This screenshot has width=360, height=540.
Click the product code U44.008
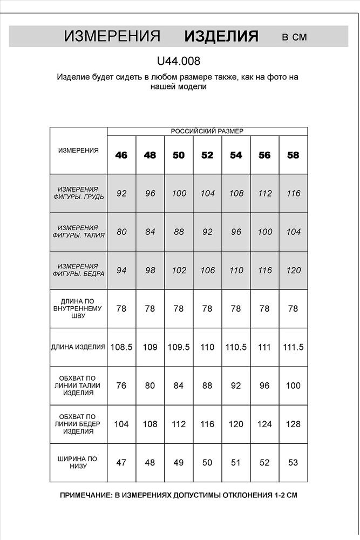coord(178,62)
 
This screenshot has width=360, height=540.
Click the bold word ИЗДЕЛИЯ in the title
coord(221,37)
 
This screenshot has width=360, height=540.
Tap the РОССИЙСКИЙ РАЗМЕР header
coord(207,131)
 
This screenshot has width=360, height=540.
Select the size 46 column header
coord(121,156)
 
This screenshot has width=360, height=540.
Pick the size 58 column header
coord(293,156)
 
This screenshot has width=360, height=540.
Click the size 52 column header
coord(207,156)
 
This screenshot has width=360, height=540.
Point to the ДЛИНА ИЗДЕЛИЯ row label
coord(79,347)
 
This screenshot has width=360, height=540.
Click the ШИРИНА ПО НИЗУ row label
coord(79,463)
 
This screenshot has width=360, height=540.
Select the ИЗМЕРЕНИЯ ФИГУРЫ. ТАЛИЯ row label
coord(79,232)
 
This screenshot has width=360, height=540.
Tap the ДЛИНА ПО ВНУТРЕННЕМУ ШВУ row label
coord(79,308)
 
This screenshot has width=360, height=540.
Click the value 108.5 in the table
coord(121,347)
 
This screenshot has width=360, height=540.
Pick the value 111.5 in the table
coord(293,347)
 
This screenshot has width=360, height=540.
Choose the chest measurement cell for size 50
coord(179,193)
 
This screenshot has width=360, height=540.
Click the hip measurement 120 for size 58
coord(293,271)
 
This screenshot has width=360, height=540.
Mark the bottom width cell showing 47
coord(121,463)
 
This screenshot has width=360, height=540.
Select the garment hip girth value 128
coord(293,424)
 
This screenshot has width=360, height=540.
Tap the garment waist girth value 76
coord(121,386)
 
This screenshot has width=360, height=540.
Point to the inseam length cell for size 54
coord(236,308)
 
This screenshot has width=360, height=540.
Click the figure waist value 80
coord(121,232)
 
